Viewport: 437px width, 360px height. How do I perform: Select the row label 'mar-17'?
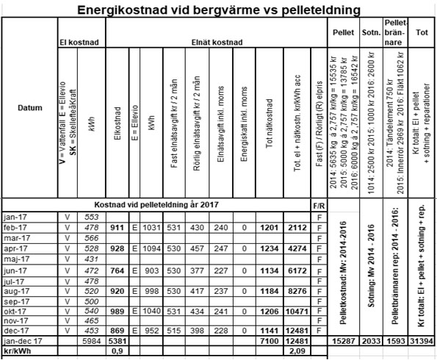coord(16,238)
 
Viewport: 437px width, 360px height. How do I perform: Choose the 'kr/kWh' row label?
coord(16,350)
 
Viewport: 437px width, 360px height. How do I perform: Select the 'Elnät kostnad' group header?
coord(209,43)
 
